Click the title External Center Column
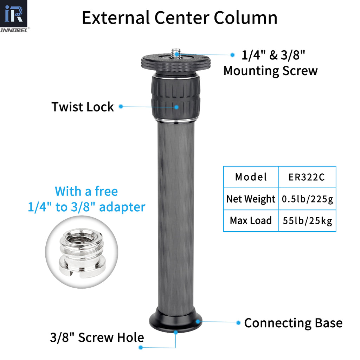tap(179, 18)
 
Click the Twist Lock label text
tap(83, 107)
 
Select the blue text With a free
tap(86, 192)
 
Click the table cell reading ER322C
tap(307, 177)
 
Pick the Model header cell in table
tap(251, 177)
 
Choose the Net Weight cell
tap(251, 199)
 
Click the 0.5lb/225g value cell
tap(307, 199)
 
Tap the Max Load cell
tap(251, 221)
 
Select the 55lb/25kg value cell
tap(307, 221)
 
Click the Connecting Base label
tap(293, 323)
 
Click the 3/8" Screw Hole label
tap(97, 338)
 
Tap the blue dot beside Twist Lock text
tap(121, 106)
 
